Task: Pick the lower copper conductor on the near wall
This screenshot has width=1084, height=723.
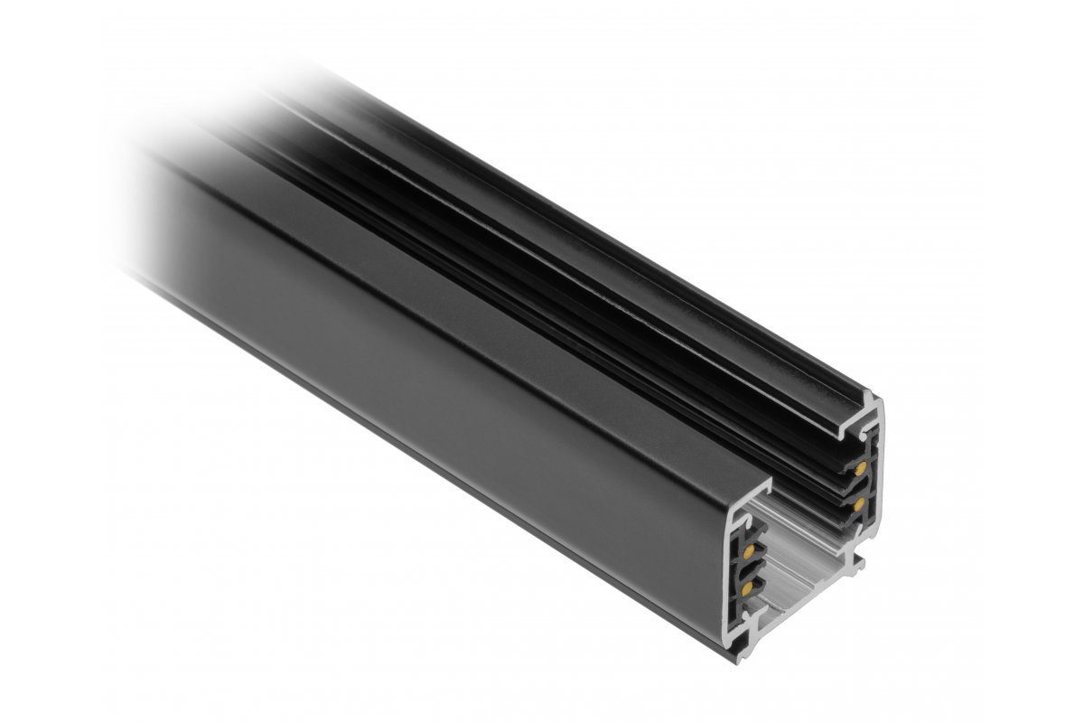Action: pyautogui.click(x=746, y=589)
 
